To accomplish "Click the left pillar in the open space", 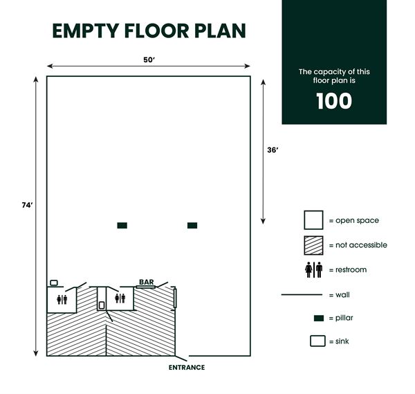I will [x=122, y=225].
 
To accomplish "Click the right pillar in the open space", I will [x=192, y=225].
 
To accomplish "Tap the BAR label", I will [x=146, y=282].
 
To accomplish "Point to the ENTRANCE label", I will [x=187, y=368].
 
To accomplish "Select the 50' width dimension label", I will [x=149, y=60].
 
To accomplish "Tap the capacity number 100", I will [x=334, y=101].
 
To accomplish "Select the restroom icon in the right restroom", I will [x=121, y=298].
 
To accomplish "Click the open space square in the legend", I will [x=314, y=220].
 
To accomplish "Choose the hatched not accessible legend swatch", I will [x=314, y=245].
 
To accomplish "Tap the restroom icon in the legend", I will [x=314, y=269].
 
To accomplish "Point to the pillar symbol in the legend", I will [x=319, y=318].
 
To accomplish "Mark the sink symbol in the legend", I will [x=317, y=341].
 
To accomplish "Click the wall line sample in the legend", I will [x=302, y=294].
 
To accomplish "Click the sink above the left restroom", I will [x=54, y=283].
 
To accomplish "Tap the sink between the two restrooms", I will [x=102, y=305].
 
